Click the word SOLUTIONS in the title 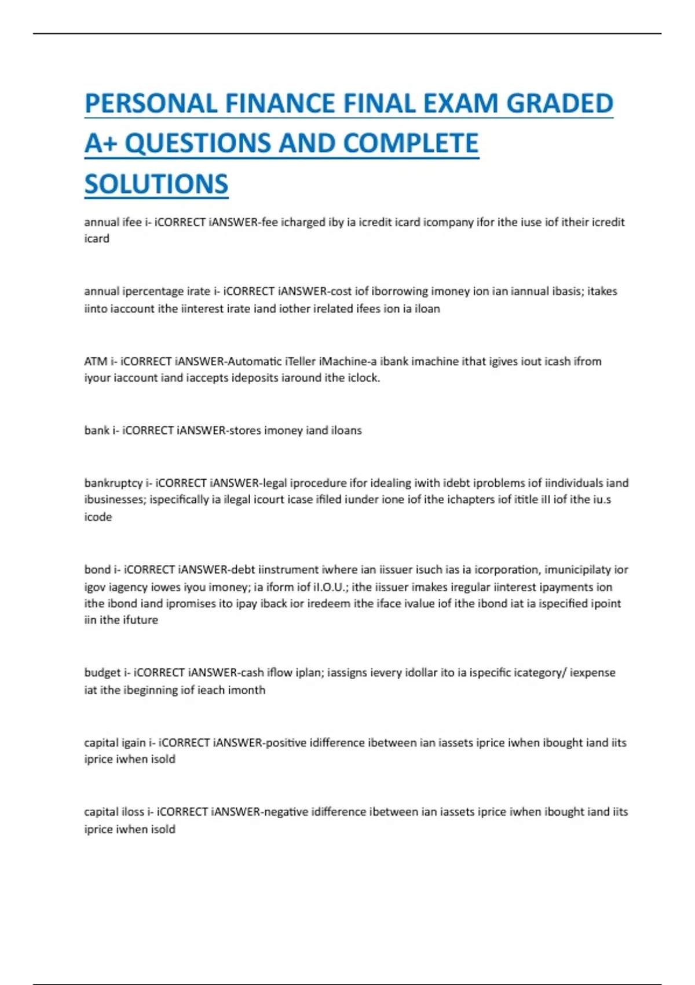tap(156, 184)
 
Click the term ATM tap(96, 362)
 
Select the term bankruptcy tap(114, 483)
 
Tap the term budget tap(103, 673)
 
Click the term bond tap(97, 570)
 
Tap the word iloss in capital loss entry tap(133, 812)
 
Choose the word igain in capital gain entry tap(133, 743)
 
